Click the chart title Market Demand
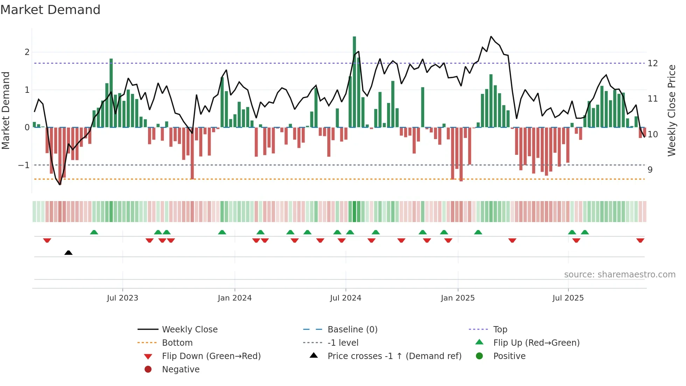tap(50, 10)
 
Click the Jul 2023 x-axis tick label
tap(122, 298)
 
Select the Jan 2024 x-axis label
tap(234, 298)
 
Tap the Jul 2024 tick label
tap(345, 298)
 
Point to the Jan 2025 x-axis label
tap(457, 298)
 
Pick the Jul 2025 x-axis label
tap(568, 298)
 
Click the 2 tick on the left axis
tap(27, 52)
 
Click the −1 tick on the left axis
tap(24, 165)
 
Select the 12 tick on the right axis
tap(653, 63)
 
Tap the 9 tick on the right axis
tap(650, 170)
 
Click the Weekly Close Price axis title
tap(671, 110)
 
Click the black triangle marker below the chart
tap(69, 253)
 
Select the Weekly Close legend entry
tap(189, 329)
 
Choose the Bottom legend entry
tap(177, 343)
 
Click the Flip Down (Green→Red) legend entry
tap(211, 356)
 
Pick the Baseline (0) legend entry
tap(352, 329)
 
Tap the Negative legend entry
tap(181, 369)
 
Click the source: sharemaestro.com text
tap(619, 275)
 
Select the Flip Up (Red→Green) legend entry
tap(536, 343)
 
